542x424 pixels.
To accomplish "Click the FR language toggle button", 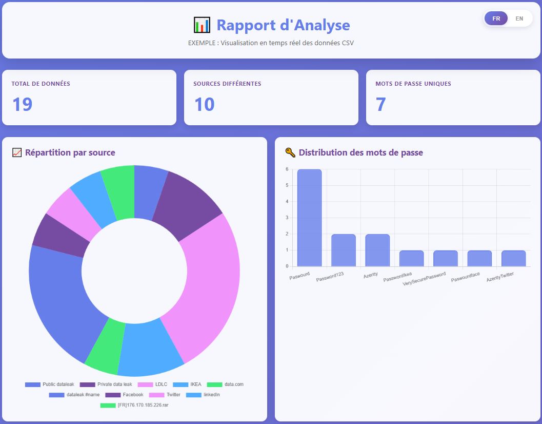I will (x=496, y=18).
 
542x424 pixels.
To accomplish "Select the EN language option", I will (x=519, y=18).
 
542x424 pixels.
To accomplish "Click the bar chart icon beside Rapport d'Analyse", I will (x=202, y=25).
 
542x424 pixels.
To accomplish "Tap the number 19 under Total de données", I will (x=22, y=104).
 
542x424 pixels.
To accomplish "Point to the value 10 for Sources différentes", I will (x=204, y=104).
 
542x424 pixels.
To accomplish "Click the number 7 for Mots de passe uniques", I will (x=380, y=104).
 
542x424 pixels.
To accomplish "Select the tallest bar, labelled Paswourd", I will (x=310, y=218).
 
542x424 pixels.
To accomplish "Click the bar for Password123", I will (x=344, y=250).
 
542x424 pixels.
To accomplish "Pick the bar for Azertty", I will (x=377, y=250).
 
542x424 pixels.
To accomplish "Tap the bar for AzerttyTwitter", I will (x=513, y=258).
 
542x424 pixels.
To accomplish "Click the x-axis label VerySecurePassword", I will (x=425, y=279).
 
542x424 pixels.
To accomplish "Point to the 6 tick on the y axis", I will (x=287, y=169).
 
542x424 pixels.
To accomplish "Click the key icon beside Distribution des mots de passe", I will (x=290, y=152).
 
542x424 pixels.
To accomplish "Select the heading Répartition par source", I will (x=70, y=152).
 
